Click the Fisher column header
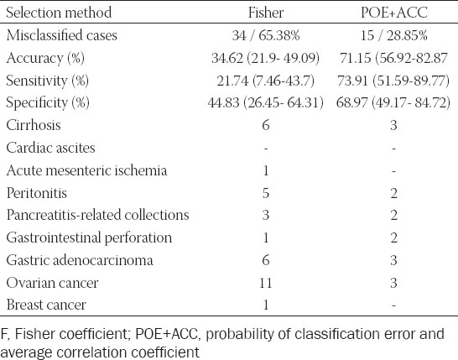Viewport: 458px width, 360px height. click(x=266, y=13)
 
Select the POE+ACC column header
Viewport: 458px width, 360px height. click(x=394, y=13)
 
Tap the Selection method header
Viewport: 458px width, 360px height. click(x=59, y=13)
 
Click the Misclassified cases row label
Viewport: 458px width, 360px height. click(x=61, y=35)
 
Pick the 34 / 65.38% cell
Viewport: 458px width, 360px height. click(x=266, y=35)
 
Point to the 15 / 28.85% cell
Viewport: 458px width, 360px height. click(x=394, y=35)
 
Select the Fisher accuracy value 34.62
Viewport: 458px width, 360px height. click(x=227, y=58)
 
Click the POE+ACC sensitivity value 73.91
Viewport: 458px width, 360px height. click(x=352, y=81)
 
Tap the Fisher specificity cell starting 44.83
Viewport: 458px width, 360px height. click(x=266, y=103)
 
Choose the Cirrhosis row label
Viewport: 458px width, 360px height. click(x=34, y=125)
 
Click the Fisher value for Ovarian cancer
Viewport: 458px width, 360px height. click(x=266, y=283)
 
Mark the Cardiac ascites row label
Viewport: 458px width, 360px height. click(x=51, y=148)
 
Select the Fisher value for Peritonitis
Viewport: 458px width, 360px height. click(x=266, y=193)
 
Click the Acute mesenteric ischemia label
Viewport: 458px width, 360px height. click(x=86, y=170)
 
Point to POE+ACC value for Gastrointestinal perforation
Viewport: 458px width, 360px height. click(x=393, y=237)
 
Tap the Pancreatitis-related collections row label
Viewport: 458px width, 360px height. click(x=98, y=215)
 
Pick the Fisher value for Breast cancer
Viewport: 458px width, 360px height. click(x=266, y=305)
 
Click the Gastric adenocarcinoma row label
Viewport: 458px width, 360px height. click(x=80, y=260)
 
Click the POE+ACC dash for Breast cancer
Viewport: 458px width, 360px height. click(x=393, y=305)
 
